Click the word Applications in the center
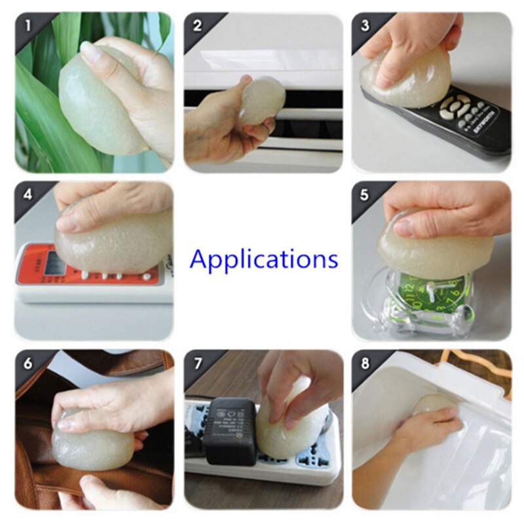pyautogui.click(x=264, y=260)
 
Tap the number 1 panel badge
pyautogui.click(x=26, y=26)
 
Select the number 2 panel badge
pyautogui.click(x=196, y=26)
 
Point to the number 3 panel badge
pyautogui.click(x=365, y=26)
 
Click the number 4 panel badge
pyautogui.click(x=26, y=195)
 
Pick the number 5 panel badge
pyautogui.click(x=365, y=195)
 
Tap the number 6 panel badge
pyautogui.click(x=26, y=363)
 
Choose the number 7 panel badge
pyautogui.click(x=196, y=363)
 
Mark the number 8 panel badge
pyautogui.click(x=365, y=363)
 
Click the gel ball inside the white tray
pyautogui.click(x=432, y=403)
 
